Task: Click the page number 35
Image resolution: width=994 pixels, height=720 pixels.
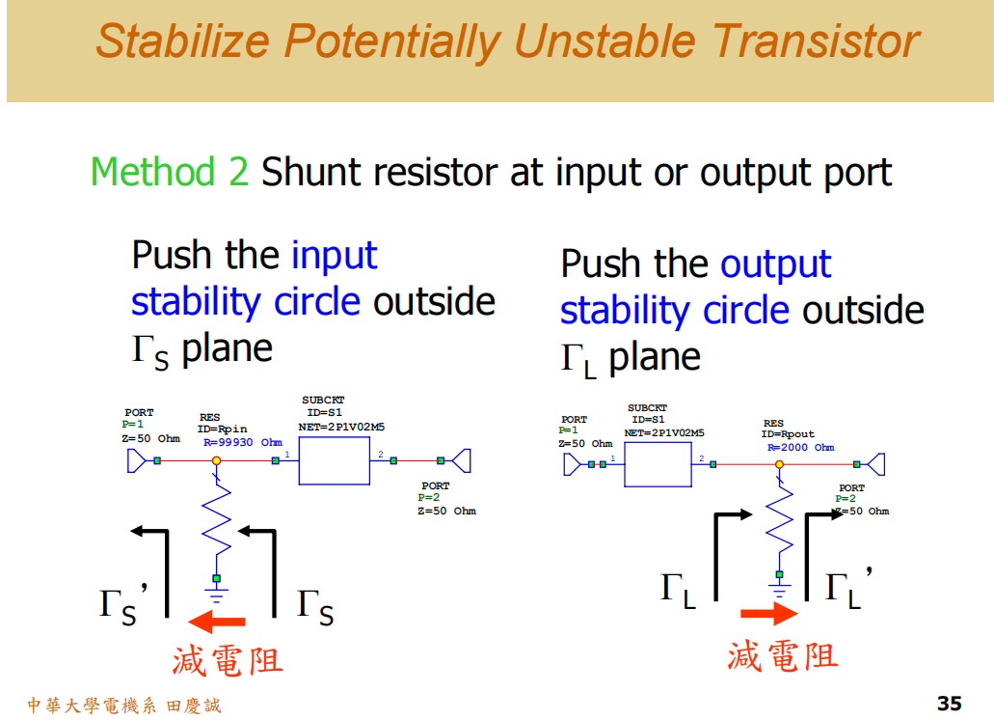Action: coord(949,703)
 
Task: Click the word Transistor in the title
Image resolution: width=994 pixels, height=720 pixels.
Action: coord(816,42)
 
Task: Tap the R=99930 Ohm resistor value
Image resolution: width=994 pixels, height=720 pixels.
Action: coord(242,442)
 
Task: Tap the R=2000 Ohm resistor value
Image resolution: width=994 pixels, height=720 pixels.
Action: coord(800,447)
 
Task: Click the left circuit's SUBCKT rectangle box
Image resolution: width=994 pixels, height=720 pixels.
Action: coord(335,460)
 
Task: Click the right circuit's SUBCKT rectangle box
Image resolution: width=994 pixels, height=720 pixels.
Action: coord(658,464)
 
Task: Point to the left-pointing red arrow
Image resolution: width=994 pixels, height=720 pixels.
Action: coord(217,621)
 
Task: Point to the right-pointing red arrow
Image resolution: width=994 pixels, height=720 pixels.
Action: coord(768,614)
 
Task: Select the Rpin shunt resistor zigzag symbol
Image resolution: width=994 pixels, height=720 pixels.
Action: coord(216,521)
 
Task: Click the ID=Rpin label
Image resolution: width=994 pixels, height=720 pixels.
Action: coord(222,429)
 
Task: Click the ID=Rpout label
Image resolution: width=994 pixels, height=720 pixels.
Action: coord(788,434)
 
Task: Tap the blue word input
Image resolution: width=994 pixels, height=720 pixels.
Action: coord(334,256)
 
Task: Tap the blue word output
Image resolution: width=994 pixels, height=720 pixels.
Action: coord(775,264)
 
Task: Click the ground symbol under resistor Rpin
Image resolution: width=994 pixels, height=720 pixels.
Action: coord(216,583)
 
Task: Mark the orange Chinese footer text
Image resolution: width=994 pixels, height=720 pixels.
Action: coord(123,706)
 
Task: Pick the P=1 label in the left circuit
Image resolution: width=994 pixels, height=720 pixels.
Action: coord(133,424)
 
